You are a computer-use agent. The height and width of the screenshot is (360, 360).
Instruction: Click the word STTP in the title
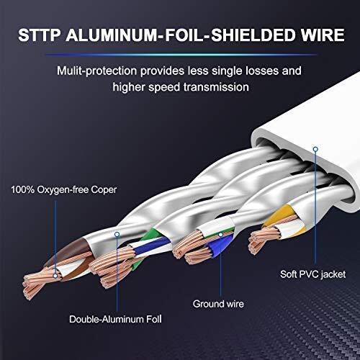pos(40,35)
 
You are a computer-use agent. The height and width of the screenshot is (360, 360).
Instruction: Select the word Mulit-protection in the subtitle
pos(96,71)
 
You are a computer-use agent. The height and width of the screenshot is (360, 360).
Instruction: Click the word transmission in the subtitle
pos(216,87)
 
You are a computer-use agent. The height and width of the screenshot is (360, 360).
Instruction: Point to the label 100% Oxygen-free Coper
pos(64,190)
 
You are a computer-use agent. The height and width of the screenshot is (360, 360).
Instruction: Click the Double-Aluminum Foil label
pos(115,319)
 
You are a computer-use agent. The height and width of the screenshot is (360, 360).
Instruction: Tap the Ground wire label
pos(218,304)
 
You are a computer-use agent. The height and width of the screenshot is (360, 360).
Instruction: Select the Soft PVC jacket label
pos(312,274)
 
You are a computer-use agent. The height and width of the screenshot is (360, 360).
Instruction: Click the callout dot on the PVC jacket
pos(315,149)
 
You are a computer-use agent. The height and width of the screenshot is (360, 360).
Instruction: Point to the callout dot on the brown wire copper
pos(55,276)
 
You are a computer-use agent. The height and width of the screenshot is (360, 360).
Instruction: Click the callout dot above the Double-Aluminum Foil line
pos(117,234)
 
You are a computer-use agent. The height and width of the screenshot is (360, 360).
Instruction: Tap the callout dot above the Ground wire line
pos(221,235)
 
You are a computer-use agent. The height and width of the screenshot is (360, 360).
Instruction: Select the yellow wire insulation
pos(279,215)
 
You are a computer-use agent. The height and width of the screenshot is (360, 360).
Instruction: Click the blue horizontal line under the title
pos(181,55)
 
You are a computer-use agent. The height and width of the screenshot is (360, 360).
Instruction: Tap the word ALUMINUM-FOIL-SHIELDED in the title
pos(181,35)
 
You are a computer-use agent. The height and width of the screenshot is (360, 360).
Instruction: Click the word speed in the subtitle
pos(164,87)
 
